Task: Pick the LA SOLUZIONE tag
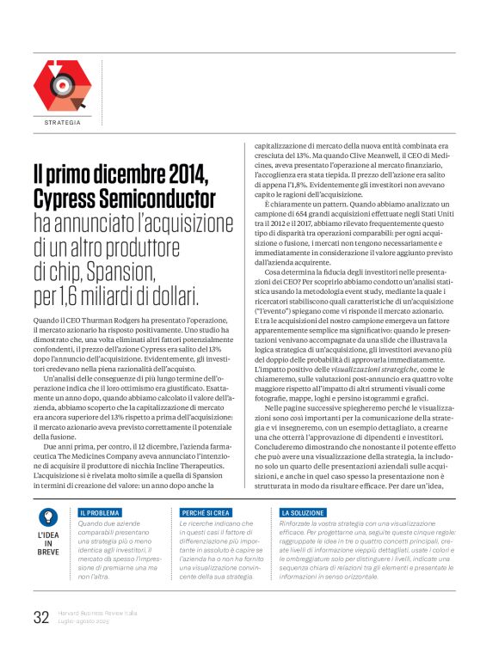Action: [305, 512]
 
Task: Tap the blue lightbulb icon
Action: [48, 517]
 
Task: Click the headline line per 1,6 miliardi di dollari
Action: [116, 297]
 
